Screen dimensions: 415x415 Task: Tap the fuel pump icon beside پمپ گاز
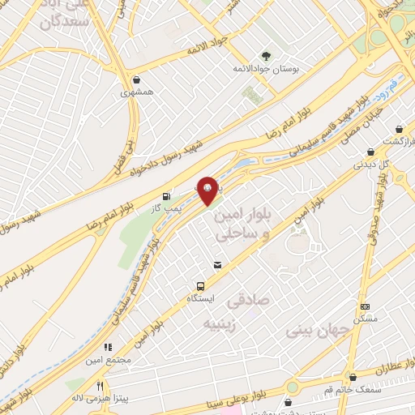[x=166, y=195]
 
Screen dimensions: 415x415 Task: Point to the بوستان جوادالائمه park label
[x=267, y=70]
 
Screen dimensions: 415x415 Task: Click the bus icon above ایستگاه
[x=199, y=285]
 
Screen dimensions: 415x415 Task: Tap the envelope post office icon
[x=216, y=265]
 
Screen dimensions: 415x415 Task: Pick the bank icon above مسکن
[x=366, y=306]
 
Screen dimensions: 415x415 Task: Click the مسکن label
[x=366, y=319]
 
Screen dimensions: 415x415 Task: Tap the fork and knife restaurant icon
[x=101, y=386]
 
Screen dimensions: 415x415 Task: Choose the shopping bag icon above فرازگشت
[x=399, y=129]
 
